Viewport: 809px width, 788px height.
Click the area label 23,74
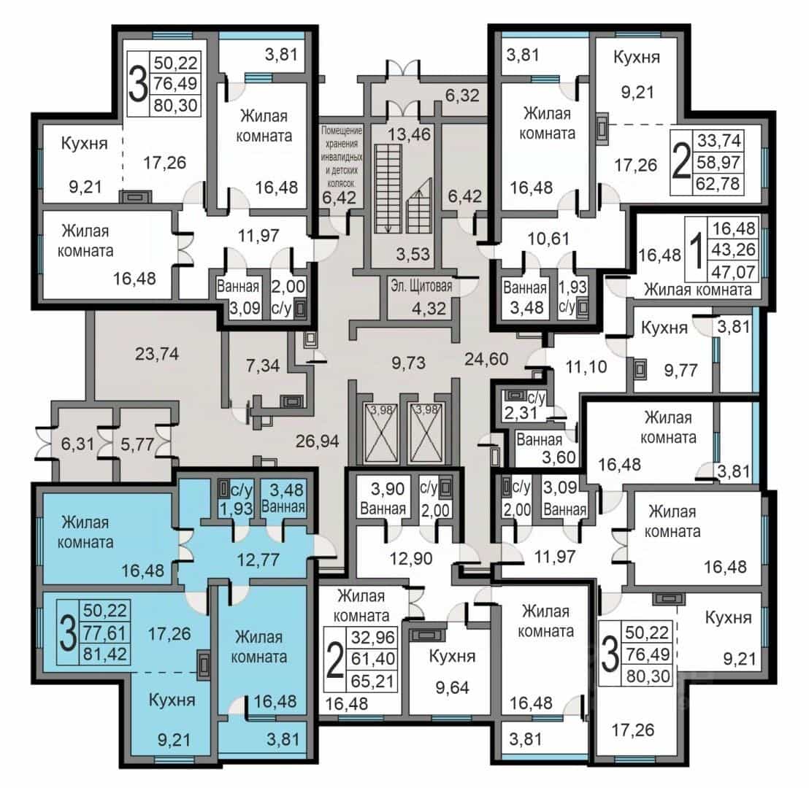coord(157,354)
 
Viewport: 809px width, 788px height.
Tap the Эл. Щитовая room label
coord(421,286)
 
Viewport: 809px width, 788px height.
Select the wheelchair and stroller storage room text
coord(342,156)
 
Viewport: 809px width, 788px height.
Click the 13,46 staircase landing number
coord(409,134)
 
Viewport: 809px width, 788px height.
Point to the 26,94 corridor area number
coord(318,441)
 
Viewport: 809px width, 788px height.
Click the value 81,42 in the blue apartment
coord(104,654)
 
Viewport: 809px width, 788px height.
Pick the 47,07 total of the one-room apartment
coord(734,271)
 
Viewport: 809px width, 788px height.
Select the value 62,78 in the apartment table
coord(718,183)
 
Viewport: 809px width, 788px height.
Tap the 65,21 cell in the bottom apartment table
coord(372,681)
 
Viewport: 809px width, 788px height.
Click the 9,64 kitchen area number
coord(452,687)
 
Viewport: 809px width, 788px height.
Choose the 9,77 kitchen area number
coord(680,370)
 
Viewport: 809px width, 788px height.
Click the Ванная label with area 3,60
coord(539,439)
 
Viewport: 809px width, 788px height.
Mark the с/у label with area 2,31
coord(536,398)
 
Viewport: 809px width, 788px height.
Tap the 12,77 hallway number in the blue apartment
coord(258,560)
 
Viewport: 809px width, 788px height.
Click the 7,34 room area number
coord(263,366)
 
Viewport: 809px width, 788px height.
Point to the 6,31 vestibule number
coord(77,444)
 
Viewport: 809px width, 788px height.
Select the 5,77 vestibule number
coord(137,444)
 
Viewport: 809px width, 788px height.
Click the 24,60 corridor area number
coord(486,358)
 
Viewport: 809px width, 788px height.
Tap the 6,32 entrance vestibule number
coord(462,96)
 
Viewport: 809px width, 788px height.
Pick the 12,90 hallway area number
coord(411,558)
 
